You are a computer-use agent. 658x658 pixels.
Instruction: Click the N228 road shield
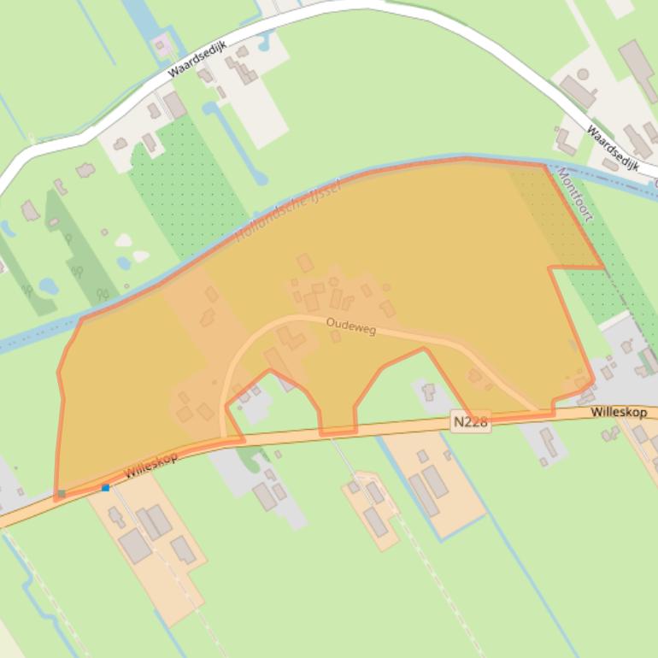click(x=471, y=422)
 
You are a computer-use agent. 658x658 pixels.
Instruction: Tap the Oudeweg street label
click(x=350, y=326)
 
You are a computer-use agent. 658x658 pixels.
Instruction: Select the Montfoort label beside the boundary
click(x=573, y=195)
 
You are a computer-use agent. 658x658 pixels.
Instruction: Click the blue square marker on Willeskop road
click(x=106, y=488)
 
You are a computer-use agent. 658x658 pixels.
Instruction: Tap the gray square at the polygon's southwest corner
click(x=61, y=494)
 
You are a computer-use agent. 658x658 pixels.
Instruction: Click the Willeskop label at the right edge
click(x=619, y=413)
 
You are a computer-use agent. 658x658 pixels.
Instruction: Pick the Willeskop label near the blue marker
click(x=151, y=465)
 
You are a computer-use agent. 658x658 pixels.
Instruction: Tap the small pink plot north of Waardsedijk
click(x=160, y=45)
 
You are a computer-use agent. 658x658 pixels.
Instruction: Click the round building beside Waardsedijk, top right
click(x=583, y=75)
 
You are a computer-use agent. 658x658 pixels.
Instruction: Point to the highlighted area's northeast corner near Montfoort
click(x=543, y=165)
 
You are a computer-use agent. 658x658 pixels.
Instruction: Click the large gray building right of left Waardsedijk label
click(x=175, y=105)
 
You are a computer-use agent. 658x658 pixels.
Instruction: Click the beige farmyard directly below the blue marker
click(x=150, y=547)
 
